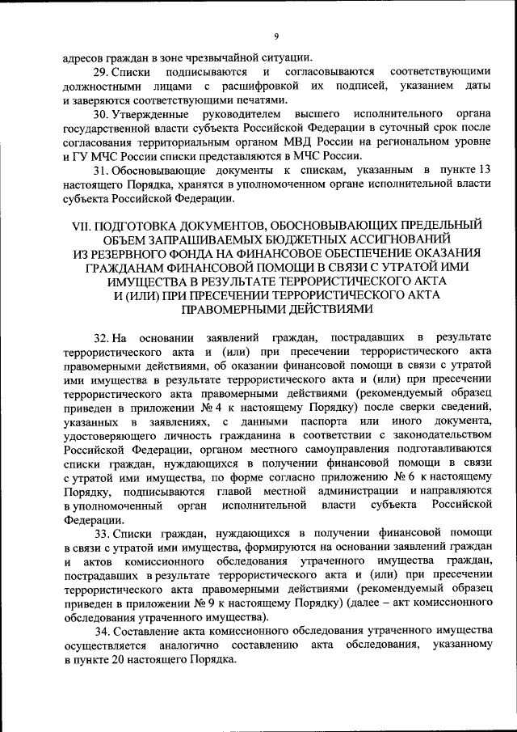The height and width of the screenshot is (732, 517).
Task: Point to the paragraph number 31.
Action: click(100, 172)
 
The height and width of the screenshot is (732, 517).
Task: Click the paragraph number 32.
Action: click(102, 336)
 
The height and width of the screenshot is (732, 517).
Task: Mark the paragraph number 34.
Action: click(102, 631)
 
